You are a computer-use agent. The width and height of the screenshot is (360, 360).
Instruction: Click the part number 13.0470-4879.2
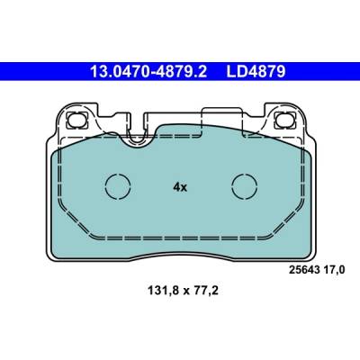148,72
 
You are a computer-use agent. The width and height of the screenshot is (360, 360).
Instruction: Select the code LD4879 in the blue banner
256,72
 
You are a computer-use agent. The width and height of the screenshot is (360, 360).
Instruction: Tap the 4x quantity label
180,187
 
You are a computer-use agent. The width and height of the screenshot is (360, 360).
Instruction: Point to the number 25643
303,270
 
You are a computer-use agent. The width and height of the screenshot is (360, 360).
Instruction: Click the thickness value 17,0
334,270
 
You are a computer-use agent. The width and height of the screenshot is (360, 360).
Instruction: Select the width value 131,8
163,291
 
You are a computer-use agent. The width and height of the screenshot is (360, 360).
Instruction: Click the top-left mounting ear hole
76,120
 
